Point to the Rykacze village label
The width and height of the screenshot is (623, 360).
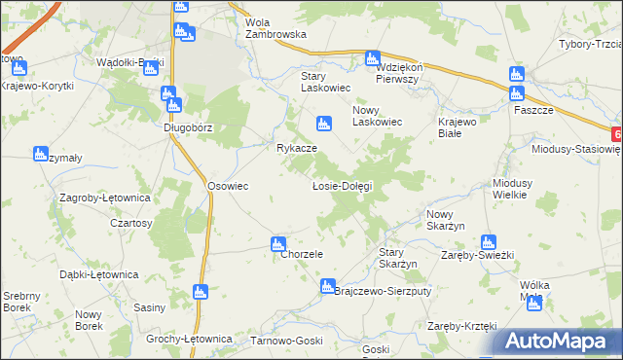[296, 148]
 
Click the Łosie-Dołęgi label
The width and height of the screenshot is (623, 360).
[342, 185]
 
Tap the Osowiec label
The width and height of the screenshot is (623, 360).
[228, 186]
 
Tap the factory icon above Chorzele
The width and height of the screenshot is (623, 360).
[278, 243]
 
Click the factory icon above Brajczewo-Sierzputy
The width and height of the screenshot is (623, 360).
[327, 287]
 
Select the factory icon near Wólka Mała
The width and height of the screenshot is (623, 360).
[532, 303]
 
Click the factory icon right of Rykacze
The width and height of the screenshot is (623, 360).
[322, 124]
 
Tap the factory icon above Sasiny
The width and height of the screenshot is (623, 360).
[201, 291]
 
